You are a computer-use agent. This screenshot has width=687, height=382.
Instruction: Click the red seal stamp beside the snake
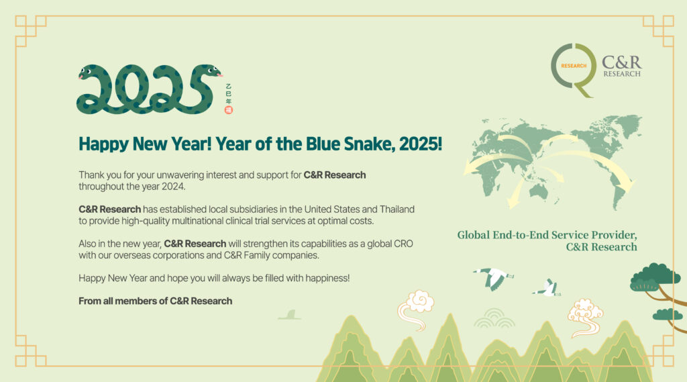[x=228, y=110]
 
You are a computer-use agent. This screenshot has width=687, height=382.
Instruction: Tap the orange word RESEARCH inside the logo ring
[x=574, y=66]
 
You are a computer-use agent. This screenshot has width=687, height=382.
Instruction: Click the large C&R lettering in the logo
[x=621, y=62]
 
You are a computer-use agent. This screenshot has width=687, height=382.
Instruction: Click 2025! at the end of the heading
[x=421, y=144]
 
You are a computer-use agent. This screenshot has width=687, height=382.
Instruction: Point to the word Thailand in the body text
[x=397, y=209]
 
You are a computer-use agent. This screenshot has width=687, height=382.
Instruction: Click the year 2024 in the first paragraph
[x=174, y=187]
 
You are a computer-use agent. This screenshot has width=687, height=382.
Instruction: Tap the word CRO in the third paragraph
[x=403, y=244]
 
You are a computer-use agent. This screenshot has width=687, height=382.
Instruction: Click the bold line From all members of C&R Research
[x=156, y=301]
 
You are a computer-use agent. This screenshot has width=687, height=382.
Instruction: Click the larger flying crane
[x=493, y=279]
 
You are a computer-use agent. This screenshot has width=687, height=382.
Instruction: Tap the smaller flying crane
[x=547, y=288]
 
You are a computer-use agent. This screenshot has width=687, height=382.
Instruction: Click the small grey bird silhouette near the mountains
[x=290, y=315]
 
